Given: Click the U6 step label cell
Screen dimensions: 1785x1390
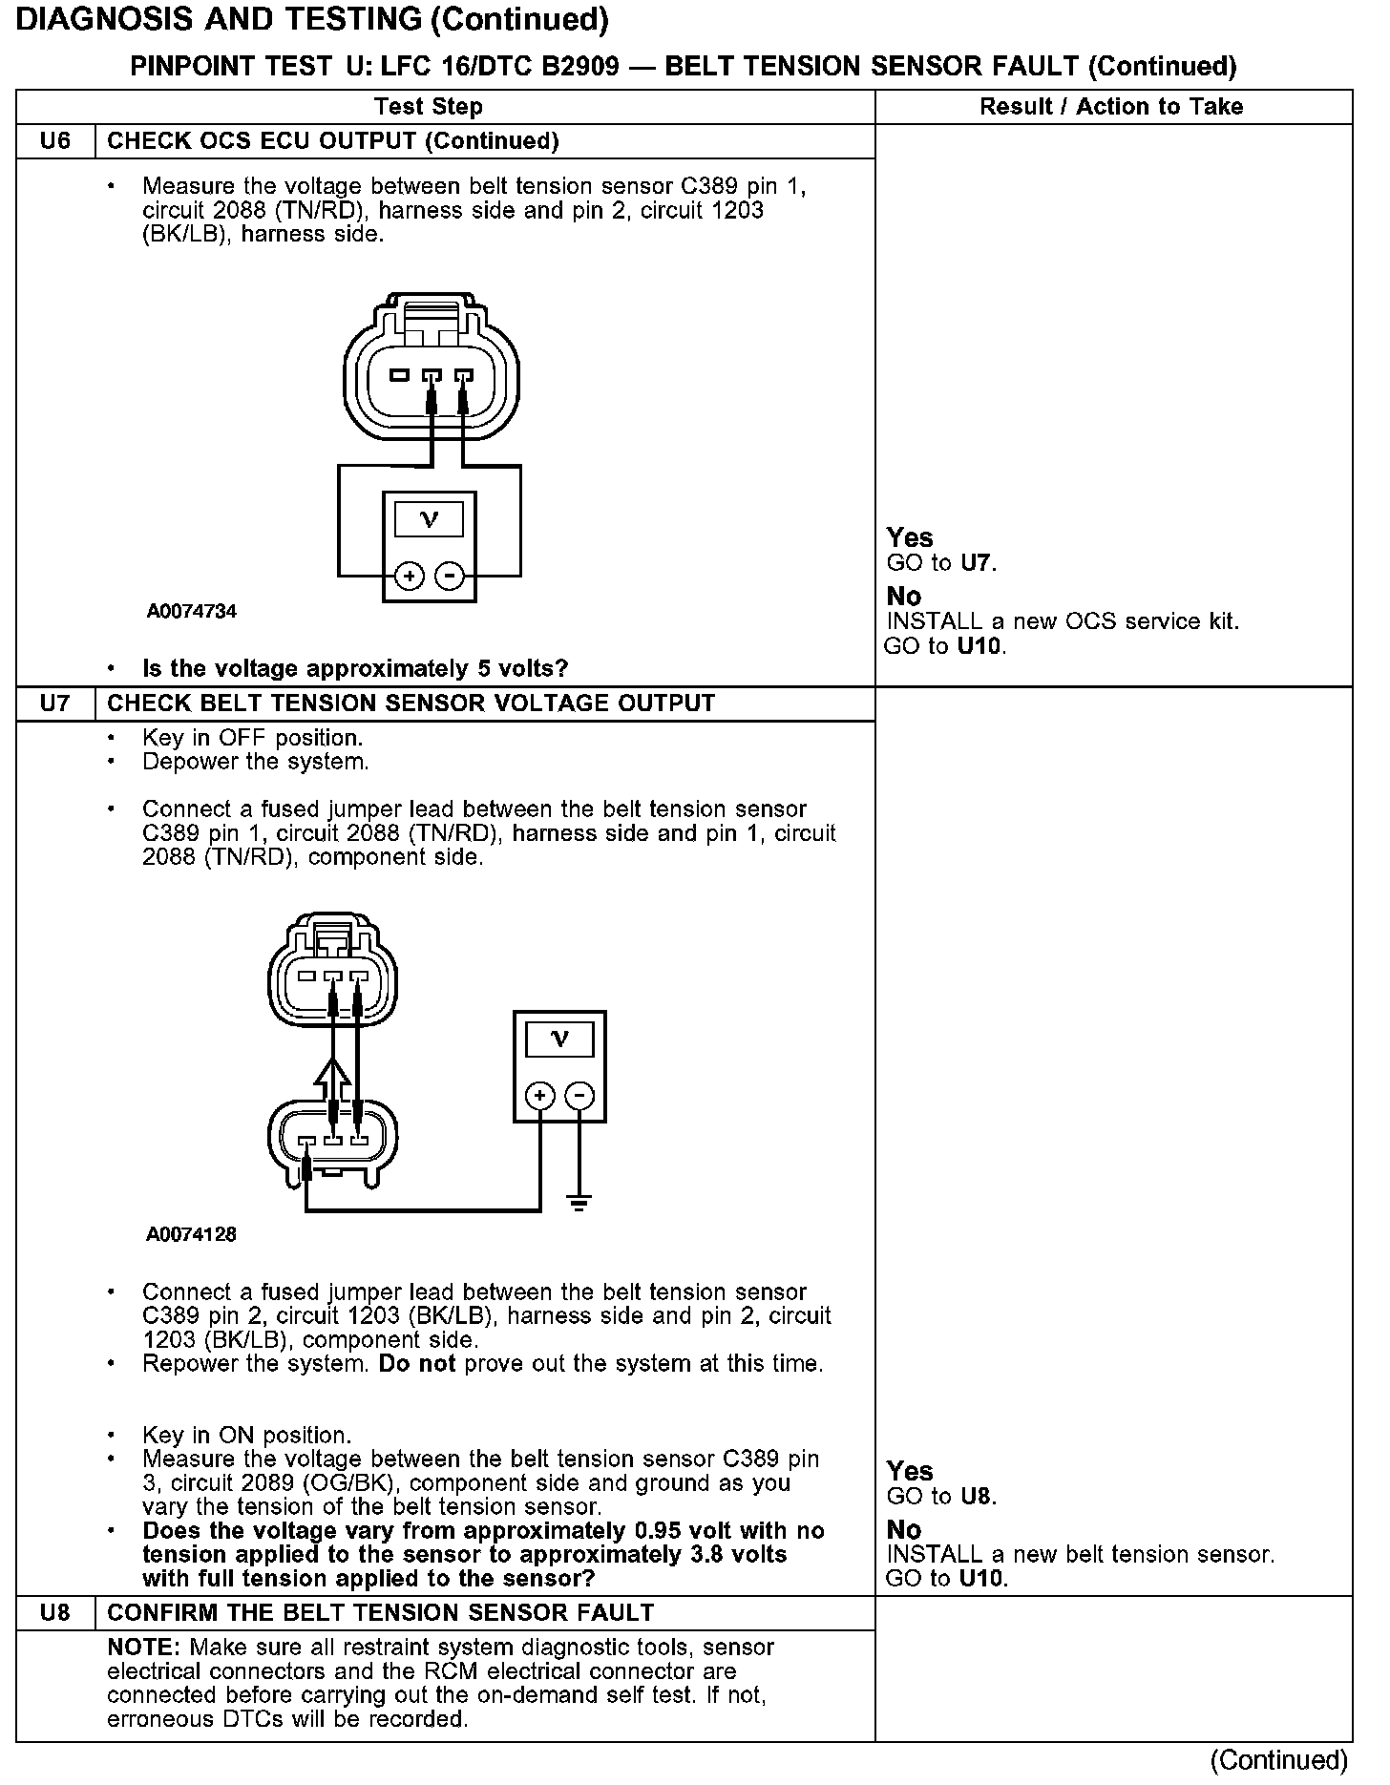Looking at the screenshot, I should coord(55,141).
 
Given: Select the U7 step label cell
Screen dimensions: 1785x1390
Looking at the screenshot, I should coord(55,703).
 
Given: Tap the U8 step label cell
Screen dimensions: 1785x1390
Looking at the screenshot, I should coord(55,1612).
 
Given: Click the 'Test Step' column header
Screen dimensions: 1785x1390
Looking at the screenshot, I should coord(429,107).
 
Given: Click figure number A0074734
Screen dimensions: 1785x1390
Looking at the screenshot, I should coord(191,611).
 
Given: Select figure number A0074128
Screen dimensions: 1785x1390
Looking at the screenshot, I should coord(191,1234).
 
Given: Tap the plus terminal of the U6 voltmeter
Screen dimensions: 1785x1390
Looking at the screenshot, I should coord(409,577).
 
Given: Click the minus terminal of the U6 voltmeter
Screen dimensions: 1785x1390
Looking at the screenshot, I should coord(449,577).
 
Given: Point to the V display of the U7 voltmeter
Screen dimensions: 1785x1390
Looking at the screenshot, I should coord(559,1039).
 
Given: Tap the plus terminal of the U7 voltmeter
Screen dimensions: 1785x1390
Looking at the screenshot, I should coord(539,1095).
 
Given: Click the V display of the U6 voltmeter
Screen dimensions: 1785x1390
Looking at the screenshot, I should coord(430,520).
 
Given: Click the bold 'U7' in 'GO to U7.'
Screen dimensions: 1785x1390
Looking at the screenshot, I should coord(977,563).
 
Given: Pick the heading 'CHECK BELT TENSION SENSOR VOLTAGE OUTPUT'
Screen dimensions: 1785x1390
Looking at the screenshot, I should coord(411,703).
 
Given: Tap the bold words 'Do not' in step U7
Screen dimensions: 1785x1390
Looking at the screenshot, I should coord(416,1363).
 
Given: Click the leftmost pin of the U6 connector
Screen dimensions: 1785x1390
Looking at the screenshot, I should coord(399,375).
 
